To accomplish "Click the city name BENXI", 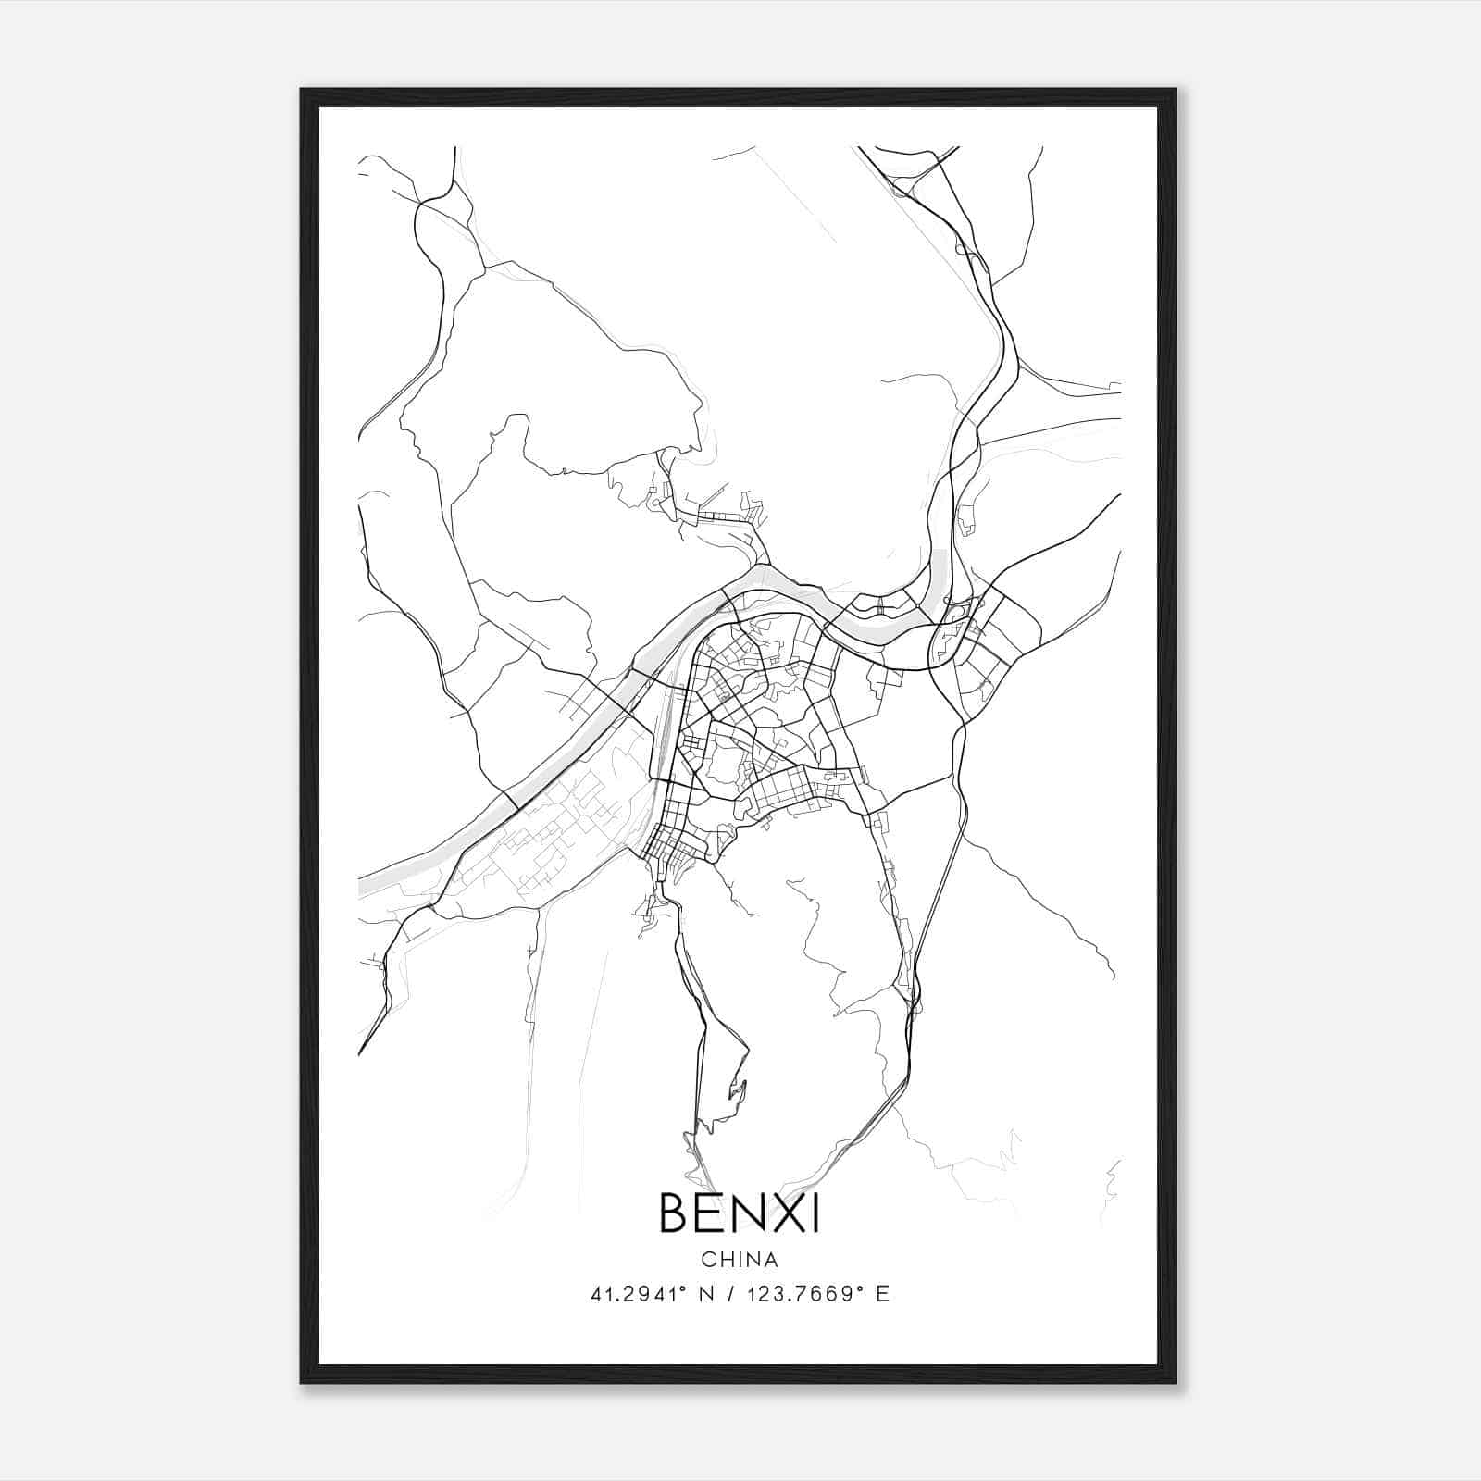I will click(739, 1213).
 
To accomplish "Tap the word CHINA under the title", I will click(739, 1260).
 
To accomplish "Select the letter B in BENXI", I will click(675, 1213).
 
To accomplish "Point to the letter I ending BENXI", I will click(815, 1213).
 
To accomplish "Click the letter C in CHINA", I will click(708, 1260).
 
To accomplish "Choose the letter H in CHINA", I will click(725, 1260).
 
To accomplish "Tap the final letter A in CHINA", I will click(771, 1260).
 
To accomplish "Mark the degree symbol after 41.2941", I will click(681, 1288).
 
